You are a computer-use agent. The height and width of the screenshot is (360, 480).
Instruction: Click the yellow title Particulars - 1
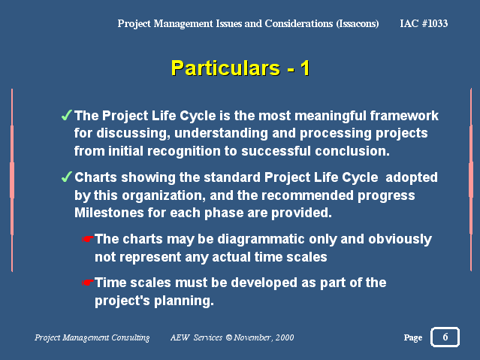click(x=240, y=68)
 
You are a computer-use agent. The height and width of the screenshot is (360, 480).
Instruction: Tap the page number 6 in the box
click(x=445, y=337)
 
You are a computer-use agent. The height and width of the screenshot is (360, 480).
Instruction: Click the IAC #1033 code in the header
click(x=424, y=23)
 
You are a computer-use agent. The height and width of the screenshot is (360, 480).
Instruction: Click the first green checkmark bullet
click(x=66, y=115)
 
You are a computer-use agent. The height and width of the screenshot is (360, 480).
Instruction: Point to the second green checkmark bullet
click(x=66, y=177)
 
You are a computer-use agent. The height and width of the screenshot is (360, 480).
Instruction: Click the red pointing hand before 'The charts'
click(x=88, y=239)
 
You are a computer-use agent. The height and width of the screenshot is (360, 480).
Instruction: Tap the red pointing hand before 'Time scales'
click(x=88, y=282)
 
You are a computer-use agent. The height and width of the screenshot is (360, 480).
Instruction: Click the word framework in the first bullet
click(x=404, y=116)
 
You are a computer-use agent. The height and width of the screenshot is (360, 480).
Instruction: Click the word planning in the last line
click(x=183, y=301)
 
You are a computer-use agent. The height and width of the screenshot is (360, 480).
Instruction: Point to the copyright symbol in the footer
click(x=229, y=337)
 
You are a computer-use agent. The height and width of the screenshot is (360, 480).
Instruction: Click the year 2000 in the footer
click(x=285, y=337)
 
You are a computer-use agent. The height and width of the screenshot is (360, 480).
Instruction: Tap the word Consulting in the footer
click(x=131, y=337)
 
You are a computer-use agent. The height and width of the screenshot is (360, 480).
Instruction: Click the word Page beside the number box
click(x=412, y=337)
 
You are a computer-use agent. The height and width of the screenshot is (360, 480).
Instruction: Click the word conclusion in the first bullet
click(x=352, y=151)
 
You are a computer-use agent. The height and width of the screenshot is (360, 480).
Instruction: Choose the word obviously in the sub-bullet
click(x=400, y=240)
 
